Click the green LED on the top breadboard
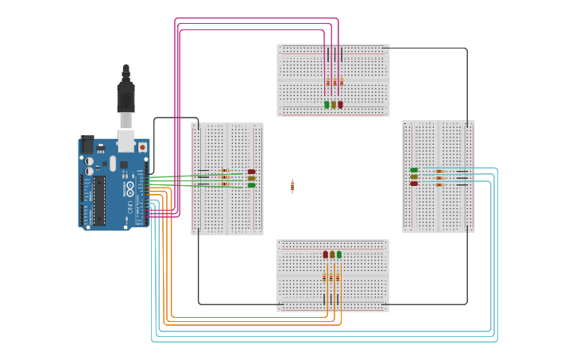327,104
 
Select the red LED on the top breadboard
340,104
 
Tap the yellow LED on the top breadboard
334,104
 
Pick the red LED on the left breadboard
251,172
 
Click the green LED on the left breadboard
251,185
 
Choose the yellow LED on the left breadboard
251,178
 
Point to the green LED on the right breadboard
414,170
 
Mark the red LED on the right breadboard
414,184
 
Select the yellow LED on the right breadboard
414,176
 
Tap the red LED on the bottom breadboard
326,254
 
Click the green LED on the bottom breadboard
339,254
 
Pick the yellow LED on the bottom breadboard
332,254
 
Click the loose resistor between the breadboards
292,186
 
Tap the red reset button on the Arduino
142,147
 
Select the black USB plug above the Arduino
126,96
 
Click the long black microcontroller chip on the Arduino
99,199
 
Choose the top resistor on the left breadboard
225,171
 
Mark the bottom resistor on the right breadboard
439,183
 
